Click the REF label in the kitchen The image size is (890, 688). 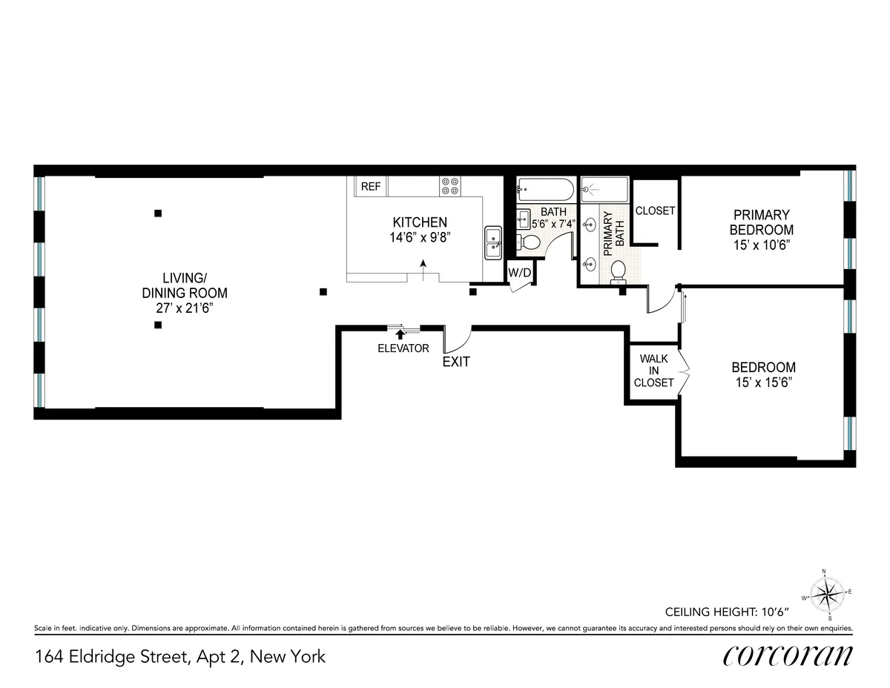[370, 187]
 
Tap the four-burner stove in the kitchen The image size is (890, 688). [449, 185]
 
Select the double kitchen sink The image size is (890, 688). [493, 242]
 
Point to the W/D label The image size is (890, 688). [519, 273]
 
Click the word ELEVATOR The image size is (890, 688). [403, 348]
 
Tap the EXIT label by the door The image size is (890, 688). [456, 363]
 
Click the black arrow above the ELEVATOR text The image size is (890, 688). [401, 335]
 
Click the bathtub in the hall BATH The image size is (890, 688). [545, 190]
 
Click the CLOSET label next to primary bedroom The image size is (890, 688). [655, 211]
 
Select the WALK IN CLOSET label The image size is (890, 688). [653, 371]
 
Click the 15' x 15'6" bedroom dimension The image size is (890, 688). [763, 383]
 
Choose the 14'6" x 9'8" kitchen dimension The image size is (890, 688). [420, 237]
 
